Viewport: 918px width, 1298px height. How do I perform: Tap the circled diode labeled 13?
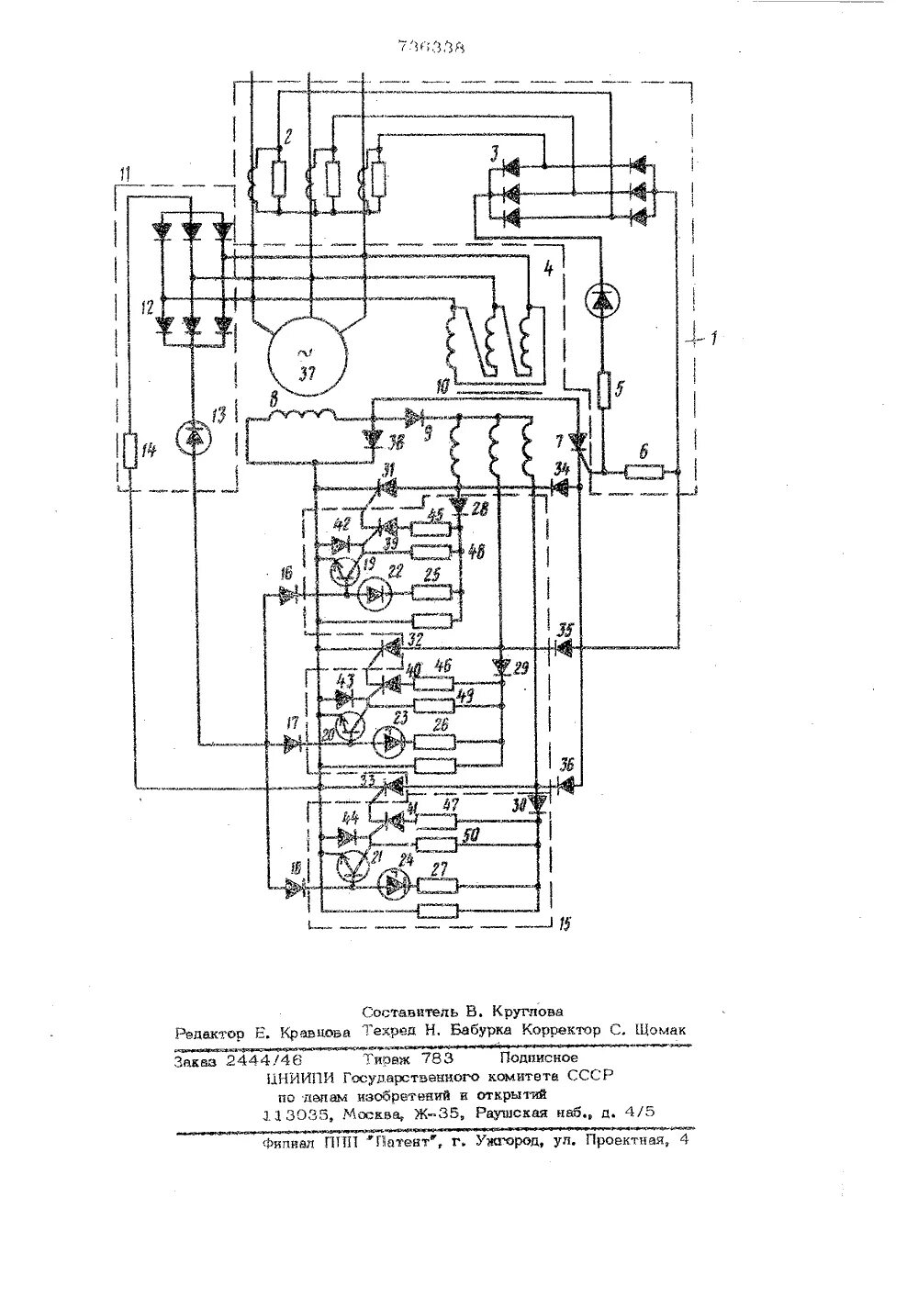[x=192, y=442]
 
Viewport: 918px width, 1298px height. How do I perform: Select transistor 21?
[x=352, y=866]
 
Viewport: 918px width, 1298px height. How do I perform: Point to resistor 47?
[x=437, y=819]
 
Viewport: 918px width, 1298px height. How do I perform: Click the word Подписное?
[x=545, y=1057]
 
